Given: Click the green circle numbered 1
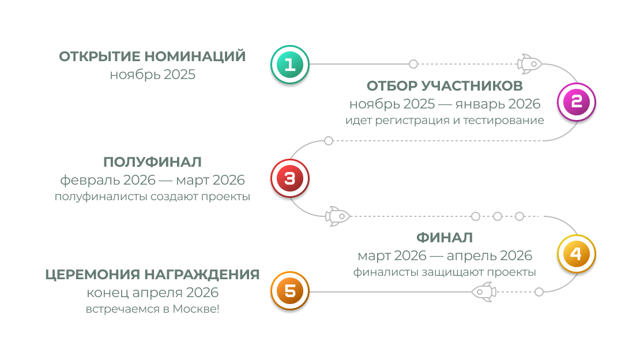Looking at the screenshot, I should tap(289, 65).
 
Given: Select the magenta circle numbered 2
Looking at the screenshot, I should tap(576, 102).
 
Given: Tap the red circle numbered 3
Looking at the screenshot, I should tap(289, 179).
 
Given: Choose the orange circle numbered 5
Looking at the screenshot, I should tap(289, 291).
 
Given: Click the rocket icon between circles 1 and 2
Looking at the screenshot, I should tap(529, 63).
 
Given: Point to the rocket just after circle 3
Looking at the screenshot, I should tap(338, 216).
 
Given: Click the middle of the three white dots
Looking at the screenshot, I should tap(498, 216).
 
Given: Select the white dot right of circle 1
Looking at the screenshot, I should tap(413, 63).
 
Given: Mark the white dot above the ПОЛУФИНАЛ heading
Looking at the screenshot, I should tap(329, 141).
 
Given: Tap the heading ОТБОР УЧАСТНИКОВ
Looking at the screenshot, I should tap(445, 86).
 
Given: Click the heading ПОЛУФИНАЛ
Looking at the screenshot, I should tap(152, 162).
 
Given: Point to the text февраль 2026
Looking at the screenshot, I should tap(108, 180).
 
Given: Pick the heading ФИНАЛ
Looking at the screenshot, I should tap(445, 237).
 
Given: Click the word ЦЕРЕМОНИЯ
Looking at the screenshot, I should tap(92, 274).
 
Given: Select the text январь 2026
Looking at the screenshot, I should tap(498, 104).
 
